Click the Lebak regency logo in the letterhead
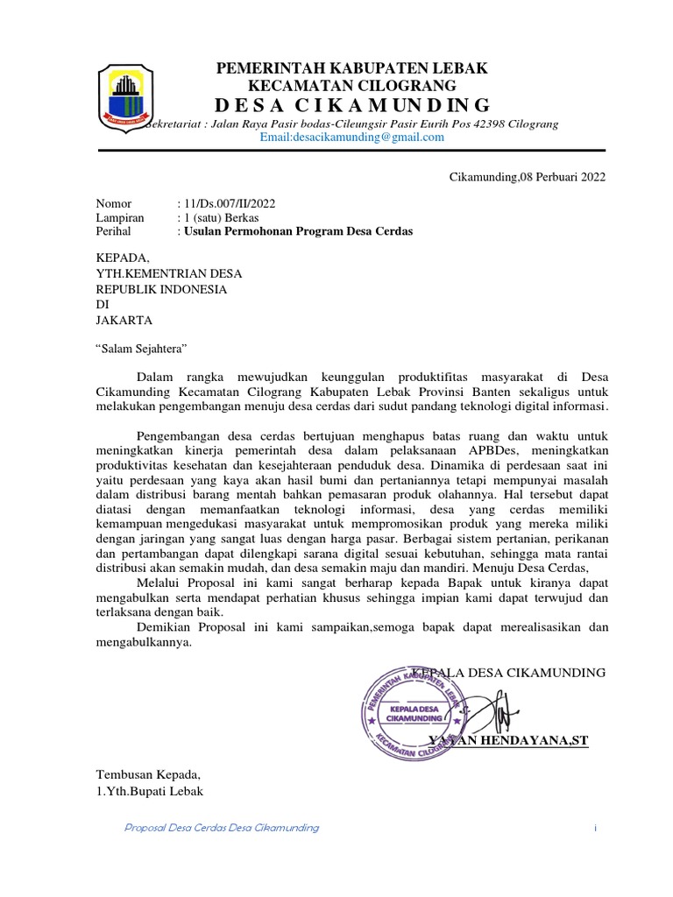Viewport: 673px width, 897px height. pyautogui.click(x=128, y=95)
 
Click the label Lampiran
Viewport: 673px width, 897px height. pyautogui.click(x=120, y=218)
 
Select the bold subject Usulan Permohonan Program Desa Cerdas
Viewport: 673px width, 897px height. pyautogui.click(x=296, y=232)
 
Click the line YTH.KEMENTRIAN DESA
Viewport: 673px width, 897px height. pyautogui.click(x=168, y=273)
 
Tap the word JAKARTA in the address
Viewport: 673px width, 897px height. pyautogui.click(x=124, y=320)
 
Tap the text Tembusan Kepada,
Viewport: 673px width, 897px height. pyautogui.click(x=148, y=775)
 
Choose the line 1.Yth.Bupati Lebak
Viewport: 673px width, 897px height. pyautogui.click(x=149, y=791)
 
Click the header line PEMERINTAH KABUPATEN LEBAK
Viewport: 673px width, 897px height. pyautogui.click(x=352, y=68)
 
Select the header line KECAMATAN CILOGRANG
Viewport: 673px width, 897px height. pyautogui.click(x=352, y=86)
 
